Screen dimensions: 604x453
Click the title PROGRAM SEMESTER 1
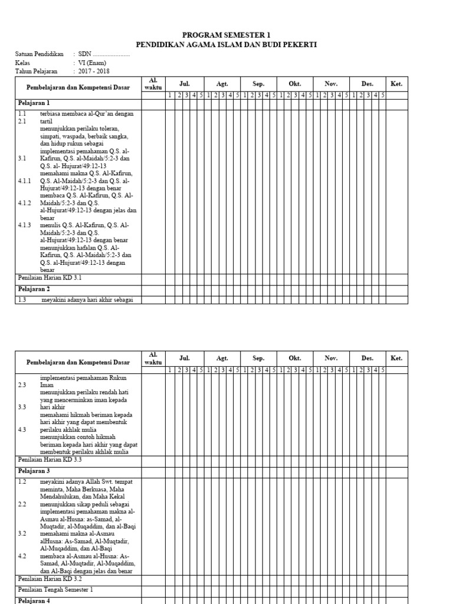pyautogui.click(x=226, y=35)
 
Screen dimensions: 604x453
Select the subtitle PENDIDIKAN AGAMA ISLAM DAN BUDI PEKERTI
pyautogui.click(x=226, y=44)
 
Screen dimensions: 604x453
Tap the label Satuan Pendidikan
pyautogui.click(x=39, y=54)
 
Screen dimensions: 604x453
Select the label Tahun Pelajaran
pyautogui.click(x=37, y=71)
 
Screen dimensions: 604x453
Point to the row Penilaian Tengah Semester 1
pyautogui.click(x=56, y=589)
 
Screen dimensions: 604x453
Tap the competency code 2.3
pyautogui.click(x=22, y=385)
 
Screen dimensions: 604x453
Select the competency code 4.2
pyautogui.click(x=22, y=556)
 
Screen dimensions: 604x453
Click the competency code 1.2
pyautogui.click(x=22, y=482)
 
